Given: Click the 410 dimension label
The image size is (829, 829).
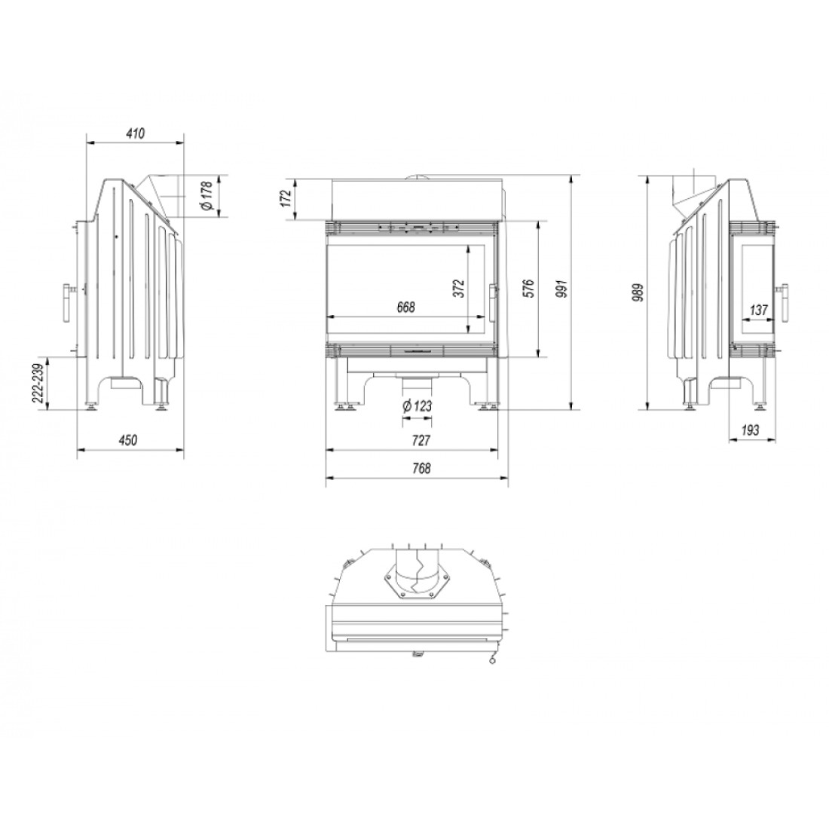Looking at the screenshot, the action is point(136,133).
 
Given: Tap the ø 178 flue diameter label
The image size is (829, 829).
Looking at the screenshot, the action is point(206,196).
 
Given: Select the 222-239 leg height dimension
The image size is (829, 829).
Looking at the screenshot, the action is point(38,384).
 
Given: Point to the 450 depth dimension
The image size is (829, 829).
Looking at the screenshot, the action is point(128,440).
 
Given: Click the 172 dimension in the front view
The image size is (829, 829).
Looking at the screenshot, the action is point(286,198).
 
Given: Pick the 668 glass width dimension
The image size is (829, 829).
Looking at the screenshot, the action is point(406,307).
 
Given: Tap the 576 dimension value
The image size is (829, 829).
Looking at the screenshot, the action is point(528,288).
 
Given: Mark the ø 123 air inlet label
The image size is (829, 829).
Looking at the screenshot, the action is point(418,406).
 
